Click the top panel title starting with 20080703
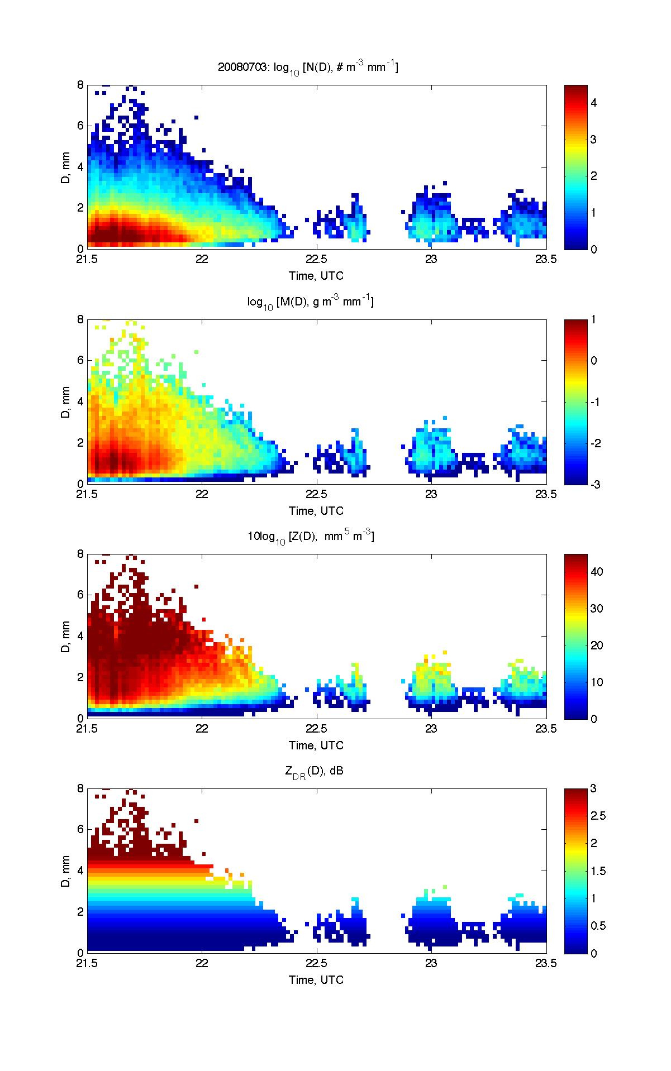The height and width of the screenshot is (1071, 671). pyautogui.click(x=308, y=68)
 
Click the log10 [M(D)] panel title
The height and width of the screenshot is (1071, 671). pyautogui.click(x=311, y=302)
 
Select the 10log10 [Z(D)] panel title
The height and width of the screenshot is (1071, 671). pyautogui.click(x=311, y=537)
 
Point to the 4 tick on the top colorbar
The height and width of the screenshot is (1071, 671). pyautogui.click(x=594, y=103)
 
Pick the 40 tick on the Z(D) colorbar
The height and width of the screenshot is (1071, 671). pyautogui.click(x=597, y=572)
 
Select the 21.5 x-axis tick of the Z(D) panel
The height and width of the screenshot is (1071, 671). pyautogui.click(x=87, y=728)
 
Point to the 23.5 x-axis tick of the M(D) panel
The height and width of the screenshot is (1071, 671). pyautogui.click(x=546, y=494)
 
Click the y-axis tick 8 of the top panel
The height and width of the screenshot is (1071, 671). pyautogui.click(x=80, y=85)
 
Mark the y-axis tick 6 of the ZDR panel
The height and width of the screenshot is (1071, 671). pyautogui.click(x=80, y=829)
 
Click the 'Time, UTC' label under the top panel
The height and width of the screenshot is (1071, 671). pyautogui.click(x=316, y=276)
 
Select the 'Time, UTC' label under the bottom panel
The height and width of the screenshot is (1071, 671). pyautogui.click(x=316, y=979)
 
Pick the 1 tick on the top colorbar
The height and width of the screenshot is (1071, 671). pyautogui.click(x=594, y=213)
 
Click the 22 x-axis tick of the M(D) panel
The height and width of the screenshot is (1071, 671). pyautogui.click(x=202, y=494)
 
